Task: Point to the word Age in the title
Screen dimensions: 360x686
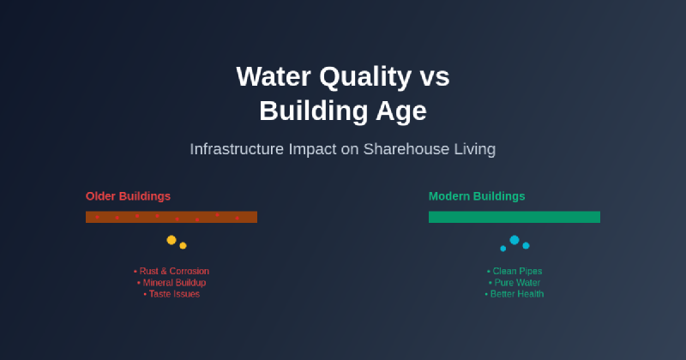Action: coord(404,111)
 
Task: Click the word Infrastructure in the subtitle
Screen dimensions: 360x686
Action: coord(236,149)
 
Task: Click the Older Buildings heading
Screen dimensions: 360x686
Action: coord(128,196)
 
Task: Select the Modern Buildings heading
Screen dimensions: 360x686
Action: coord(477,196)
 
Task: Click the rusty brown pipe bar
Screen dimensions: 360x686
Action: coord(171,217)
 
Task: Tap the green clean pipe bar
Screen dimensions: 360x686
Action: coord(514,217)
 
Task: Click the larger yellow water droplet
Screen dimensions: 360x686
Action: coord(171,240)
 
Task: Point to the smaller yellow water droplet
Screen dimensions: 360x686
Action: coord(183,246)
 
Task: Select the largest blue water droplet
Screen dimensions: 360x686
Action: coord(514,240)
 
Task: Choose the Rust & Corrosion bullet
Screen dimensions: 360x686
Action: coord(171,271)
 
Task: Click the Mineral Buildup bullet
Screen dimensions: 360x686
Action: coord(171,282)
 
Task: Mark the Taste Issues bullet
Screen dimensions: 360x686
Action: coord(171,293)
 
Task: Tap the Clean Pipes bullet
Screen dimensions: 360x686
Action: coord(514,271)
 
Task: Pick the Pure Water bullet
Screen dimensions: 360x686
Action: coord(514,282)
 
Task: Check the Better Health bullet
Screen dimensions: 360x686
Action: coord(514,293)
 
